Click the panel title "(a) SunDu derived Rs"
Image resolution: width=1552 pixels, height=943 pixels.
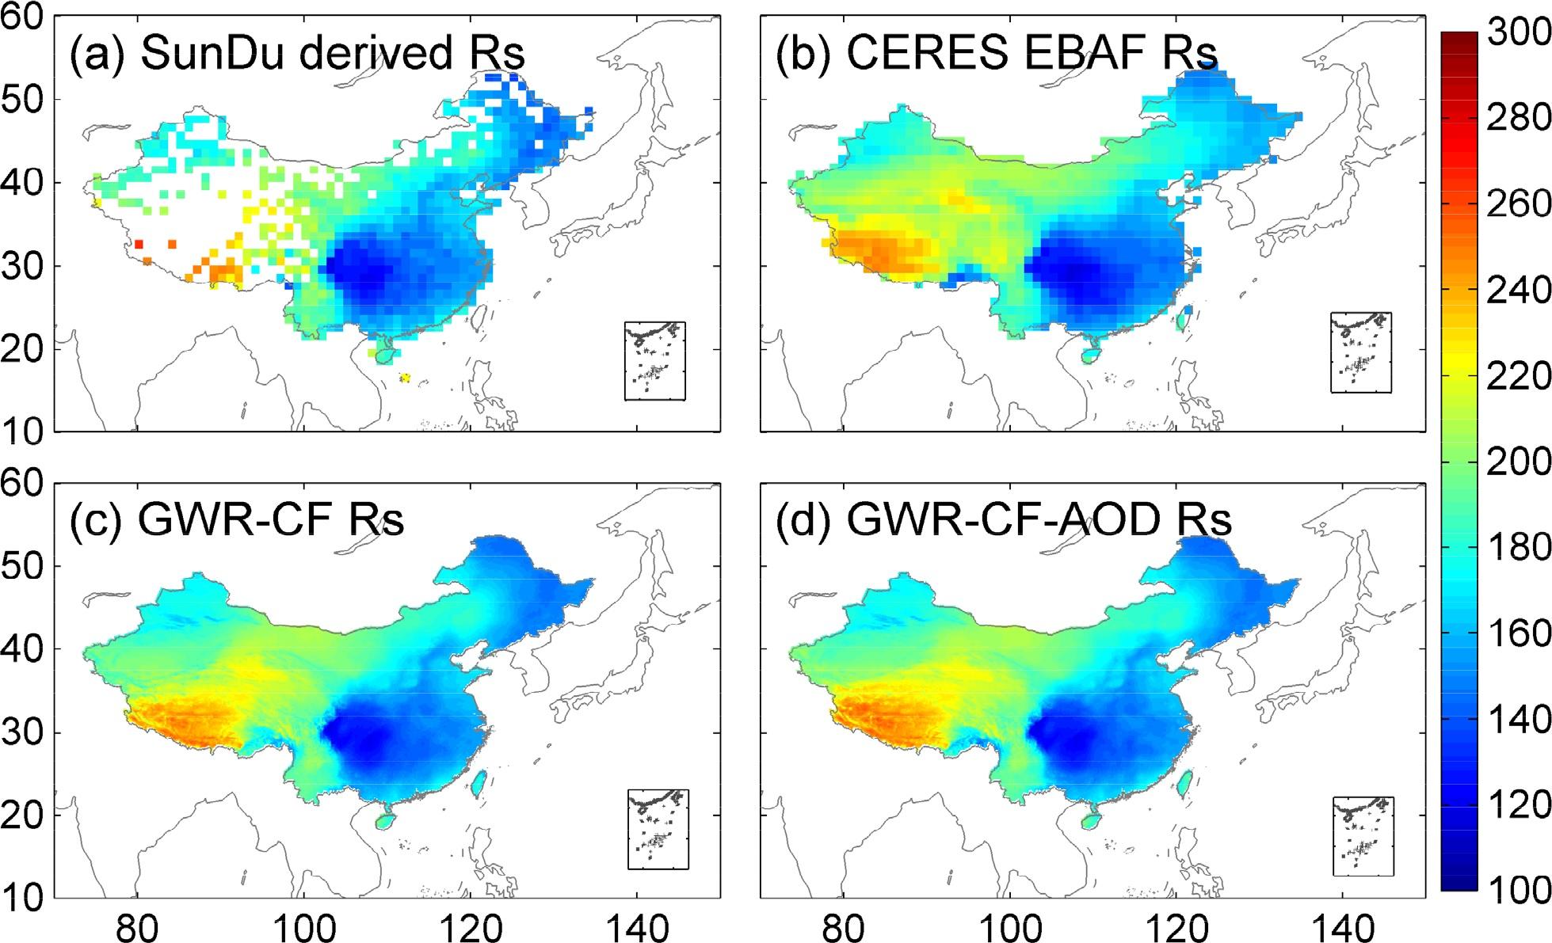coord(297,54)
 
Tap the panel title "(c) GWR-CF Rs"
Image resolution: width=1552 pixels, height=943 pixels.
coord(237,520)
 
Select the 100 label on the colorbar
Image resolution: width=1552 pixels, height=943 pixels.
coord(1517,890)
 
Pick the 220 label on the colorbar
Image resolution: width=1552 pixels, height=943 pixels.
coord(1517,375)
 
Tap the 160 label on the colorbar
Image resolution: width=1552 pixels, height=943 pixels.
coord(1517,633)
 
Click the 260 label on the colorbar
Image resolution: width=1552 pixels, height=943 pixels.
coord(1517,203)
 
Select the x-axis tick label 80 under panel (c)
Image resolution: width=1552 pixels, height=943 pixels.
coord(138,926)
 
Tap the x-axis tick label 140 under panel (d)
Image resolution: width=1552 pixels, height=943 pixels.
coord(1342,926)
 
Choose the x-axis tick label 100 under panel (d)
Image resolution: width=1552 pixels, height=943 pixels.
coord(1009,926)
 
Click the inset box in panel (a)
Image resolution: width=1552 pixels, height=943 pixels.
coord(654,361)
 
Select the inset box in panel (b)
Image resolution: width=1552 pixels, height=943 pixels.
coord(1360,352)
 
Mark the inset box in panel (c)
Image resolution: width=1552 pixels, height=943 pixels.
coord(658,829)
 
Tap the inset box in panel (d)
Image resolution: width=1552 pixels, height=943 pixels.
coord(1363,836)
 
